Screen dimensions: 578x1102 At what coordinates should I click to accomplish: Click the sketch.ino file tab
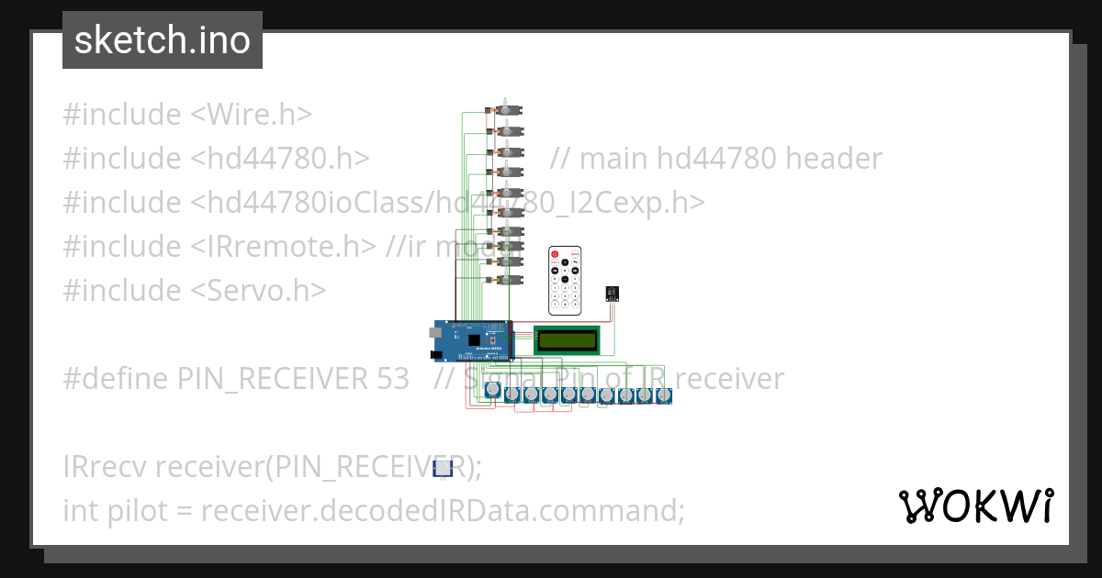click(x=162, y=40)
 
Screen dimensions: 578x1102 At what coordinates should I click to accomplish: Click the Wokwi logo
click(x=975, y=506)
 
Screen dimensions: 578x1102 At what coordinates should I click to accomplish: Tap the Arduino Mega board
click(x=472, y=339)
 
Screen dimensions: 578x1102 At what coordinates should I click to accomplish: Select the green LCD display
click(x=568, y=339)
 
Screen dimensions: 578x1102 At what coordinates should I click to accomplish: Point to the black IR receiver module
click(x=613, y=294)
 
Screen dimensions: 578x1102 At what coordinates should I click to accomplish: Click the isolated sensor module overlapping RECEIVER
click(x=443, y=469)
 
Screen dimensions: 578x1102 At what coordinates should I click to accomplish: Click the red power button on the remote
click(x=555, y=252)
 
